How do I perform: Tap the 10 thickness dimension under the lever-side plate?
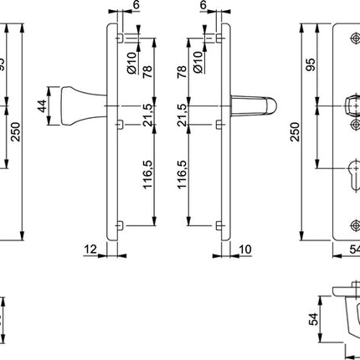tap(244, 249)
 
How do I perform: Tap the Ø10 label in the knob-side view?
tap(131, 58)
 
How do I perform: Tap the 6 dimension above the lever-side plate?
tap(203, 7)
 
